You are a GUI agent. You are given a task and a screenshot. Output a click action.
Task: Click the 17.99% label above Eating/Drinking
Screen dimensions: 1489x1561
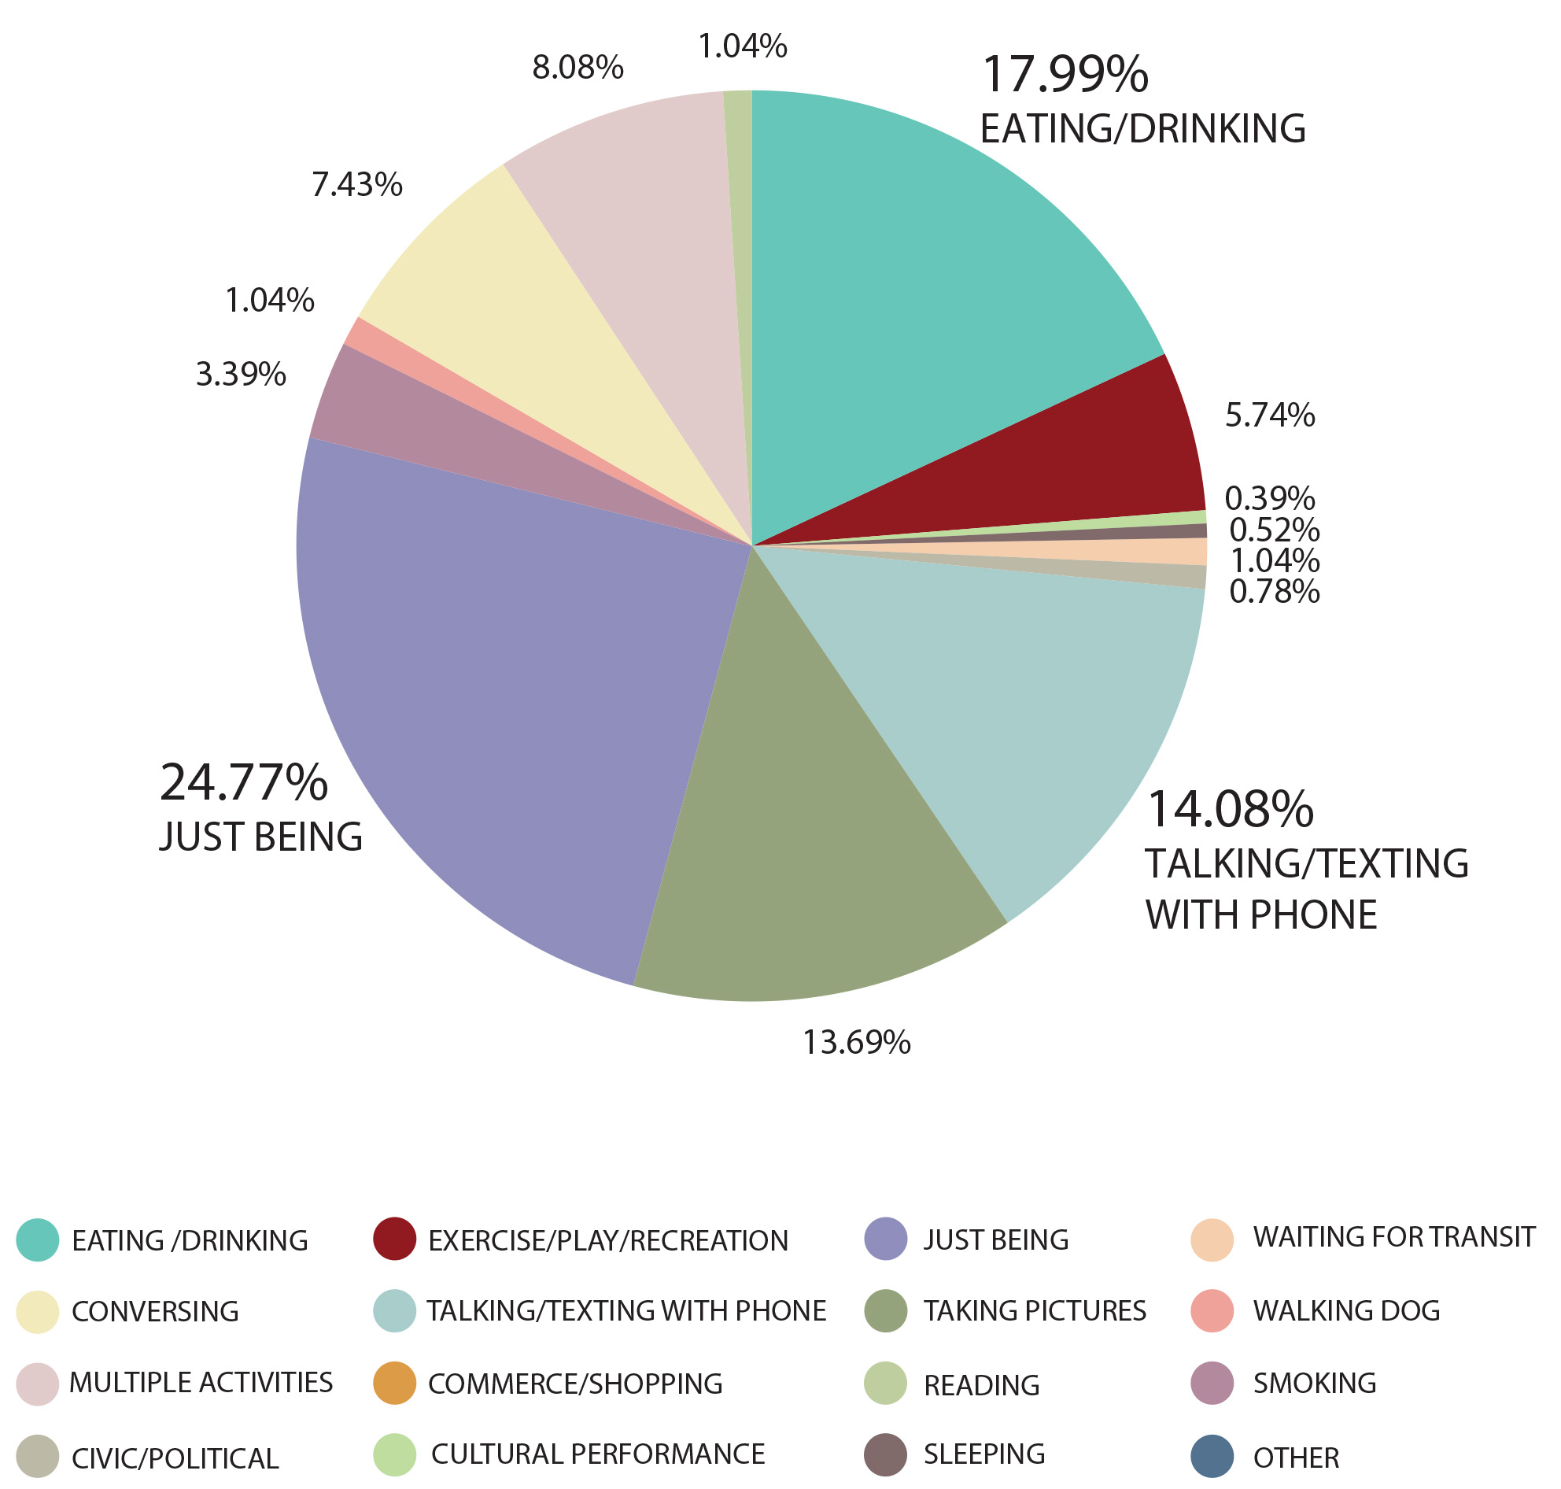coord(1065,75)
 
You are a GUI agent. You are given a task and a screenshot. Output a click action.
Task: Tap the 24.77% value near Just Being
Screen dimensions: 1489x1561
coord(244,782)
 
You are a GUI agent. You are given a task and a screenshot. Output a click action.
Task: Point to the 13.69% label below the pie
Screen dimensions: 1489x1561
coord(856,1042)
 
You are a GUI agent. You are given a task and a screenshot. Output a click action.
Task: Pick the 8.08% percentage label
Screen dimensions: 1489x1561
coord(578,68)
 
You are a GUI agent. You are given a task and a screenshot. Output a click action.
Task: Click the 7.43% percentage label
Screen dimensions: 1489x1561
coord(357,185)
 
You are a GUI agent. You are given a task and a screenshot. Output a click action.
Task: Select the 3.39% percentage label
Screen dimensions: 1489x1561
coord(241,375)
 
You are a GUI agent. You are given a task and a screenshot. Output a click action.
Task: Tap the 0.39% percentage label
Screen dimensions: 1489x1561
coord(1270,498)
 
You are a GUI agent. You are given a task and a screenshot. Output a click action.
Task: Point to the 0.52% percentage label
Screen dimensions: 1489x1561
coord(1275,530)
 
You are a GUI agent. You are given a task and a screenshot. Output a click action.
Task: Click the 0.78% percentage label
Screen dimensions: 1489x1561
coord(1275,591)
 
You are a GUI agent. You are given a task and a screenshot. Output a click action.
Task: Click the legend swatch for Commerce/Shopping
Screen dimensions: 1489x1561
coord(394,1384)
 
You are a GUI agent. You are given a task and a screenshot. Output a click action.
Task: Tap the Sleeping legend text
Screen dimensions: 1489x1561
coord(984,1454)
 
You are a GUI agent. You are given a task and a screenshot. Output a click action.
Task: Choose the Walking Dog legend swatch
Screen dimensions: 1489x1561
coord(1212,1310)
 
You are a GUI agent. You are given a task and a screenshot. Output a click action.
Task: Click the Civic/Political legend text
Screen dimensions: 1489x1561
coord(175,1458)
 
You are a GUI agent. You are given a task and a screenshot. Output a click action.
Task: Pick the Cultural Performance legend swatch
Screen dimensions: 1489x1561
coord(394,1455)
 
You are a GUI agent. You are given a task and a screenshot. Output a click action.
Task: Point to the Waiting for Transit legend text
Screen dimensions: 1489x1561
coord(1393,1236)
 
